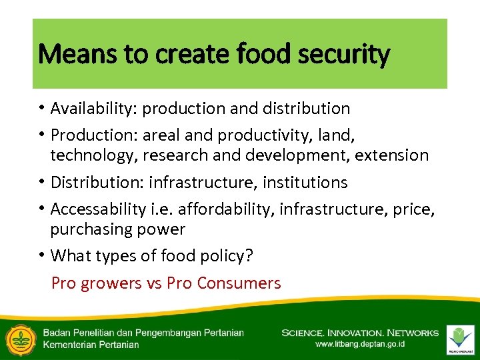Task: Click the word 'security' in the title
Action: tap(347, 54)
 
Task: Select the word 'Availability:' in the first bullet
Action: tap(94, 108)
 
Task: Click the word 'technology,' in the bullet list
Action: tap(91, 155)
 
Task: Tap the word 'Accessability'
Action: tap(97, 209)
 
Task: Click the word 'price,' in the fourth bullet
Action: tap(414, 209)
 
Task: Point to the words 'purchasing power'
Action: tap(118, 229)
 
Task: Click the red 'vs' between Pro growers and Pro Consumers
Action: tap(154, 283)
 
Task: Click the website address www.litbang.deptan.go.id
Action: tap(361, 345)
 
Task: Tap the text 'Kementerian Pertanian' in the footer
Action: tap(91, 345)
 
